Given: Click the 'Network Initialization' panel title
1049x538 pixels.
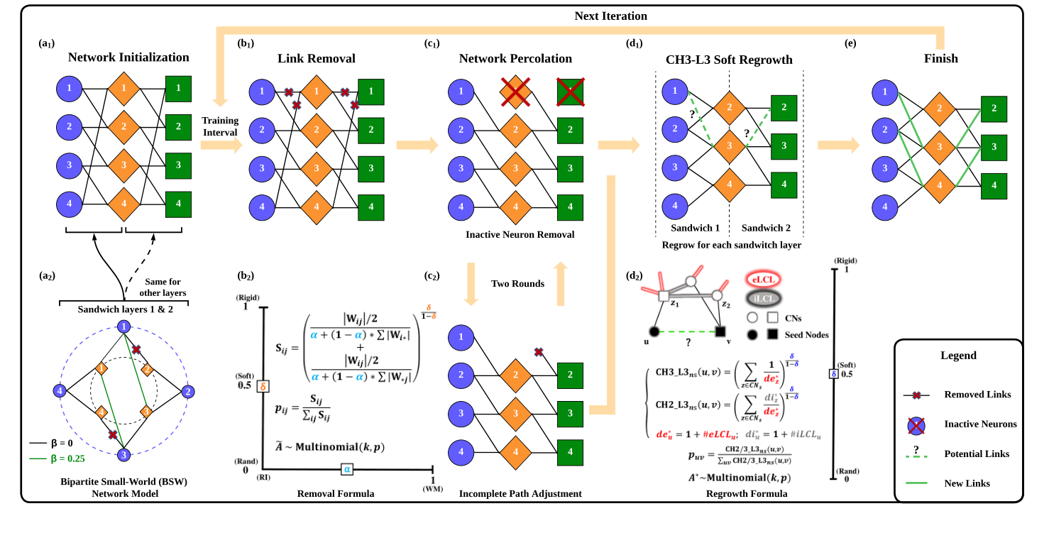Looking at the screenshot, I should pos(128,57).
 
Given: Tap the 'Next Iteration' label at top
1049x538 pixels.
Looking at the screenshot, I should pos(611,15).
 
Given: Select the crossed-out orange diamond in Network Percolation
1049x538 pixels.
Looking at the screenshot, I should pos(515,91).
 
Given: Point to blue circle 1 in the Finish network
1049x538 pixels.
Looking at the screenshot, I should pos(883,91).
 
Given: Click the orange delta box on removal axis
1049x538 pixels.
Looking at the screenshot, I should pos(263,387).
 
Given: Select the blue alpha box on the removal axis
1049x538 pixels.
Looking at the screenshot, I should pos(347,468).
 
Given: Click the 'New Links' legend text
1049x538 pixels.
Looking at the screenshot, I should pos(966,483).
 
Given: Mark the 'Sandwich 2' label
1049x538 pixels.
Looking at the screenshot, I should pos(765,228).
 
